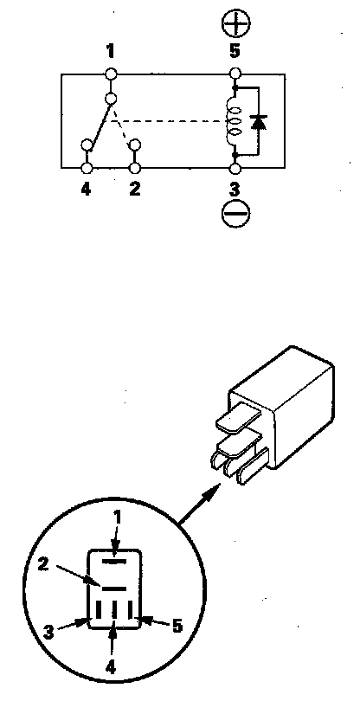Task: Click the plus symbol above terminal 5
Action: [235, 23]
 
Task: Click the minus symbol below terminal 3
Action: [235, 214]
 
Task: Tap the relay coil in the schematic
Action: [235, 120]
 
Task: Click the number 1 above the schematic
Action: [110, 51]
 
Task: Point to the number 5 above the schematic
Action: [235, 51]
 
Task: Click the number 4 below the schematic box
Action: [86, 190]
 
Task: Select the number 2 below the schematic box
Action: [135, 190]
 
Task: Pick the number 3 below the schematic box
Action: [235, 190]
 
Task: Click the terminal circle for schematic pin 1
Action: [111, 74]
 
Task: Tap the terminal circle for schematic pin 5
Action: [235, 74]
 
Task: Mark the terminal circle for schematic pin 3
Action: [235, 168]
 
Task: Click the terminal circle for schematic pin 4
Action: [87, 168]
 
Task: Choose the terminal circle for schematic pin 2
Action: [135, 168]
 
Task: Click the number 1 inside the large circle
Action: [117, 518]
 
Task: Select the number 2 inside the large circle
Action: [43, 563]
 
